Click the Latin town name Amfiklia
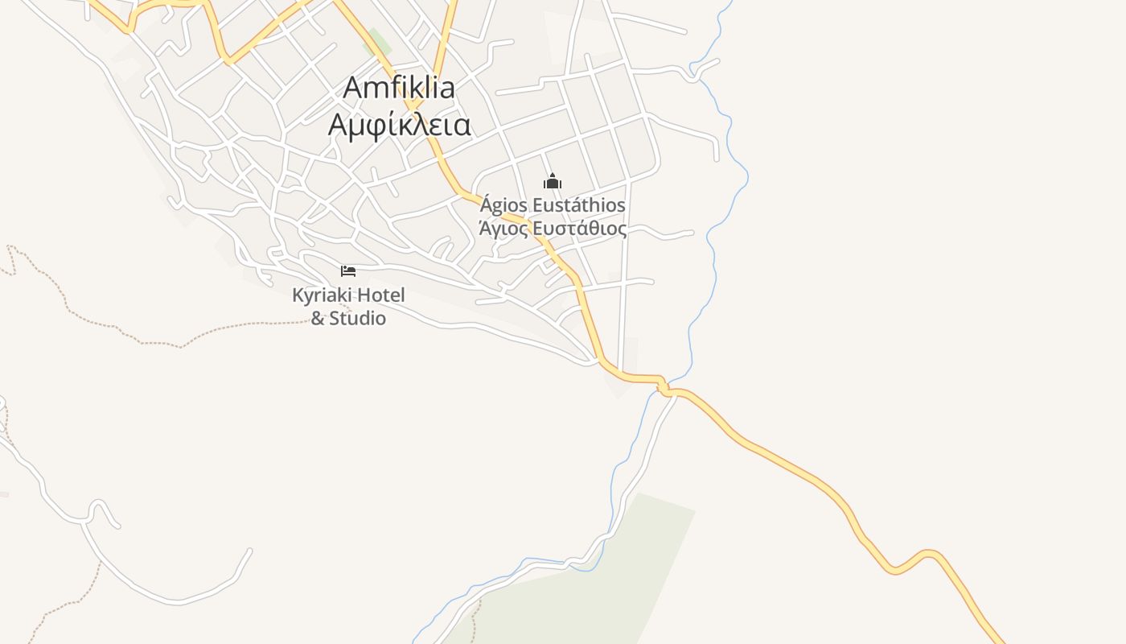pyautogui.click(x=399, y=88)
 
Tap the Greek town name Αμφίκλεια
pyautogui.click(x=399, y=125)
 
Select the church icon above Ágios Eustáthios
pyautogui.click(x=552, y=181)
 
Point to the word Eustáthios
pyautogui.click(x=578, y=205)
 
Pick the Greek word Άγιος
pyautogui.click(x=503, y=229)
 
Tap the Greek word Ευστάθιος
pyautogui.click(x=580, y=229)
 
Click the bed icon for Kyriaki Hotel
pyautogui.click(x=348, y=271)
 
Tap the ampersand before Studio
pyautogui.click(x=318, y=319)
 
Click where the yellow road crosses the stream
pyautogui.click(x=665, y=387)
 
